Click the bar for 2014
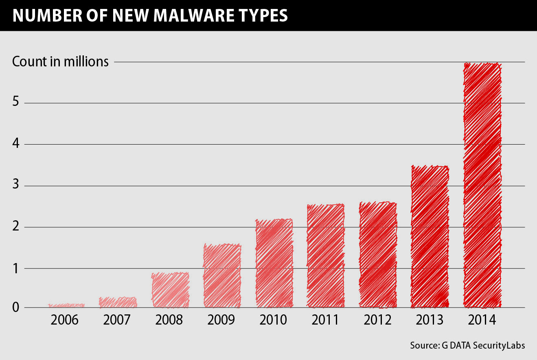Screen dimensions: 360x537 (482, 185)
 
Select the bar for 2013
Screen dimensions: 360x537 (430, 237)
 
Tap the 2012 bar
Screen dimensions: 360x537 (378, 255)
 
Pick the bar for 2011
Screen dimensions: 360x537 (326, 256)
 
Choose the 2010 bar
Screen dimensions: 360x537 (274, 263)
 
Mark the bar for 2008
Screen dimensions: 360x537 (170, 290)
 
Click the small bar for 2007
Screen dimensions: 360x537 (118, 303)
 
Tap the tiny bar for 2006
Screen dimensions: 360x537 (66, 305)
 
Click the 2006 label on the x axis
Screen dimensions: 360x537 (64, 320)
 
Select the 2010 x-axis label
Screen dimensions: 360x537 (273, 320)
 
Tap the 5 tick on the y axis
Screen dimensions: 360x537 (16, 102)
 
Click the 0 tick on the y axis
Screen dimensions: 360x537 (16, 307)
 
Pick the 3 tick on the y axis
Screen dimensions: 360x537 (16, 185)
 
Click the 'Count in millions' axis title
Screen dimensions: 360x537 (60, 61)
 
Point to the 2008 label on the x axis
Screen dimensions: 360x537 (169, 320)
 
